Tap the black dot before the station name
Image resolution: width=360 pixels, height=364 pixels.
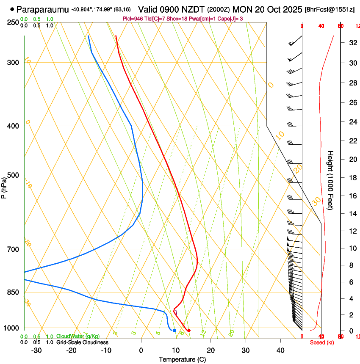[x=12, y=9]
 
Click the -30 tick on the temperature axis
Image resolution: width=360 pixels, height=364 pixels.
[x=37, y=350]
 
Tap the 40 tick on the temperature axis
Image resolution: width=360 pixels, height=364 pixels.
[x=280, y=350]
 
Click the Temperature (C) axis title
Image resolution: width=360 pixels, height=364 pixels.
[x=182, y=359]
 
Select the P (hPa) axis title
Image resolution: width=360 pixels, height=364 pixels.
[x=4, y=186]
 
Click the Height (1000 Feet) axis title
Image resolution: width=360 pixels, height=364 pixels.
[x=331, y=180]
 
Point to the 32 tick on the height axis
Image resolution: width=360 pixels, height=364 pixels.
[x=352, y=43]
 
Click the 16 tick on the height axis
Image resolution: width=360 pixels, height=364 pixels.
[x=352, y=196]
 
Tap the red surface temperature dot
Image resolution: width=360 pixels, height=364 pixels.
[x=189, y=331]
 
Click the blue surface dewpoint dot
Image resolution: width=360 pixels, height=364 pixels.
[x=174, y=330]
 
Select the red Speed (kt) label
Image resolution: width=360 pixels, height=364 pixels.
[x=321, y=342]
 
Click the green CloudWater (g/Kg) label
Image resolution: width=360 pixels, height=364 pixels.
[x=78, y=336]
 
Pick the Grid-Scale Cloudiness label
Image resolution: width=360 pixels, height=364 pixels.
[x=82, y=342]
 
